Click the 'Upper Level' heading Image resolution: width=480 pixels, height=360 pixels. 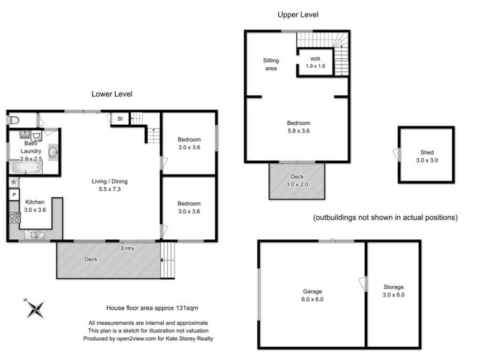298,14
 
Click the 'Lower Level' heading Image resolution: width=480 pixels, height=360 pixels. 112,94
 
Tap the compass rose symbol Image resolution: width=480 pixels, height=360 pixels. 35,308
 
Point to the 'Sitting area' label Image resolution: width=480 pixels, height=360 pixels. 271,64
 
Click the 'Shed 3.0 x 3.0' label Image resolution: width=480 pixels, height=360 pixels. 427,156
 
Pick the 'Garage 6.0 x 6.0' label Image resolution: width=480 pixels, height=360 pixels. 313,295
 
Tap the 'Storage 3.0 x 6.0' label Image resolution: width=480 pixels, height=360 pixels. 394,291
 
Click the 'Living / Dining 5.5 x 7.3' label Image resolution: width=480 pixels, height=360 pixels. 109,185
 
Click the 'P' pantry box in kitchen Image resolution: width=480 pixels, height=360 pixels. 14,195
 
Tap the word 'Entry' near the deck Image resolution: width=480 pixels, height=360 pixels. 128,248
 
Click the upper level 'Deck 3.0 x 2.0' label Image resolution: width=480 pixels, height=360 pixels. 298,180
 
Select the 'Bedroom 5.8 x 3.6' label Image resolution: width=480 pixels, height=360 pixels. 298,127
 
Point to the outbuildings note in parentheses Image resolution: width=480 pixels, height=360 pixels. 385,217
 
